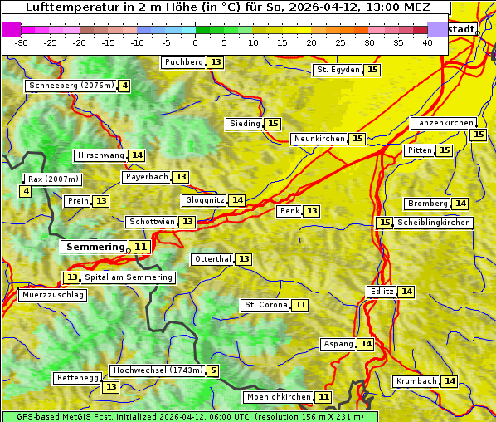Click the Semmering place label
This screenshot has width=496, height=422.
click(95, 247)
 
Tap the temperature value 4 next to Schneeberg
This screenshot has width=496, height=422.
click(124, 86)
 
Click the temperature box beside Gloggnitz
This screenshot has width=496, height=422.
click(237, 200)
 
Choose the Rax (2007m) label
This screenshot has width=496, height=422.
click(53, 179)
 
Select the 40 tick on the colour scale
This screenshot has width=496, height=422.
click(427, 42)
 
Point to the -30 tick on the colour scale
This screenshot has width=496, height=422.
click(22, 42)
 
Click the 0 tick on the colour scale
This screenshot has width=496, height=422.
click(195, 42)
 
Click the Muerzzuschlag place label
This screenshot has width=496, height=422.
click(51, 295)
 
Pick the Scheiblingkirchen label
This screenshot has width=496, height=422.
click(433, 223)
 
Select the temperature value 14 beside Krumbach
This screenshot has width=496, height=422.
click(450, 381)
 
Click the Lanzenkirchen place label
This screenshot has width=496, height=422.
click(444, 123)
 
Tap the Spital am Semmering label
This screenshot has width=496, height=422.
click(128, 277)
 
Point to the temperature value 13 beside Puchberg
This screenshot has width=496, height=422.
click(216, 62)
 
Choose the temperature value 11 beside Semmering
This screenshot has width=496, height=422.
click(141, 247)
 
